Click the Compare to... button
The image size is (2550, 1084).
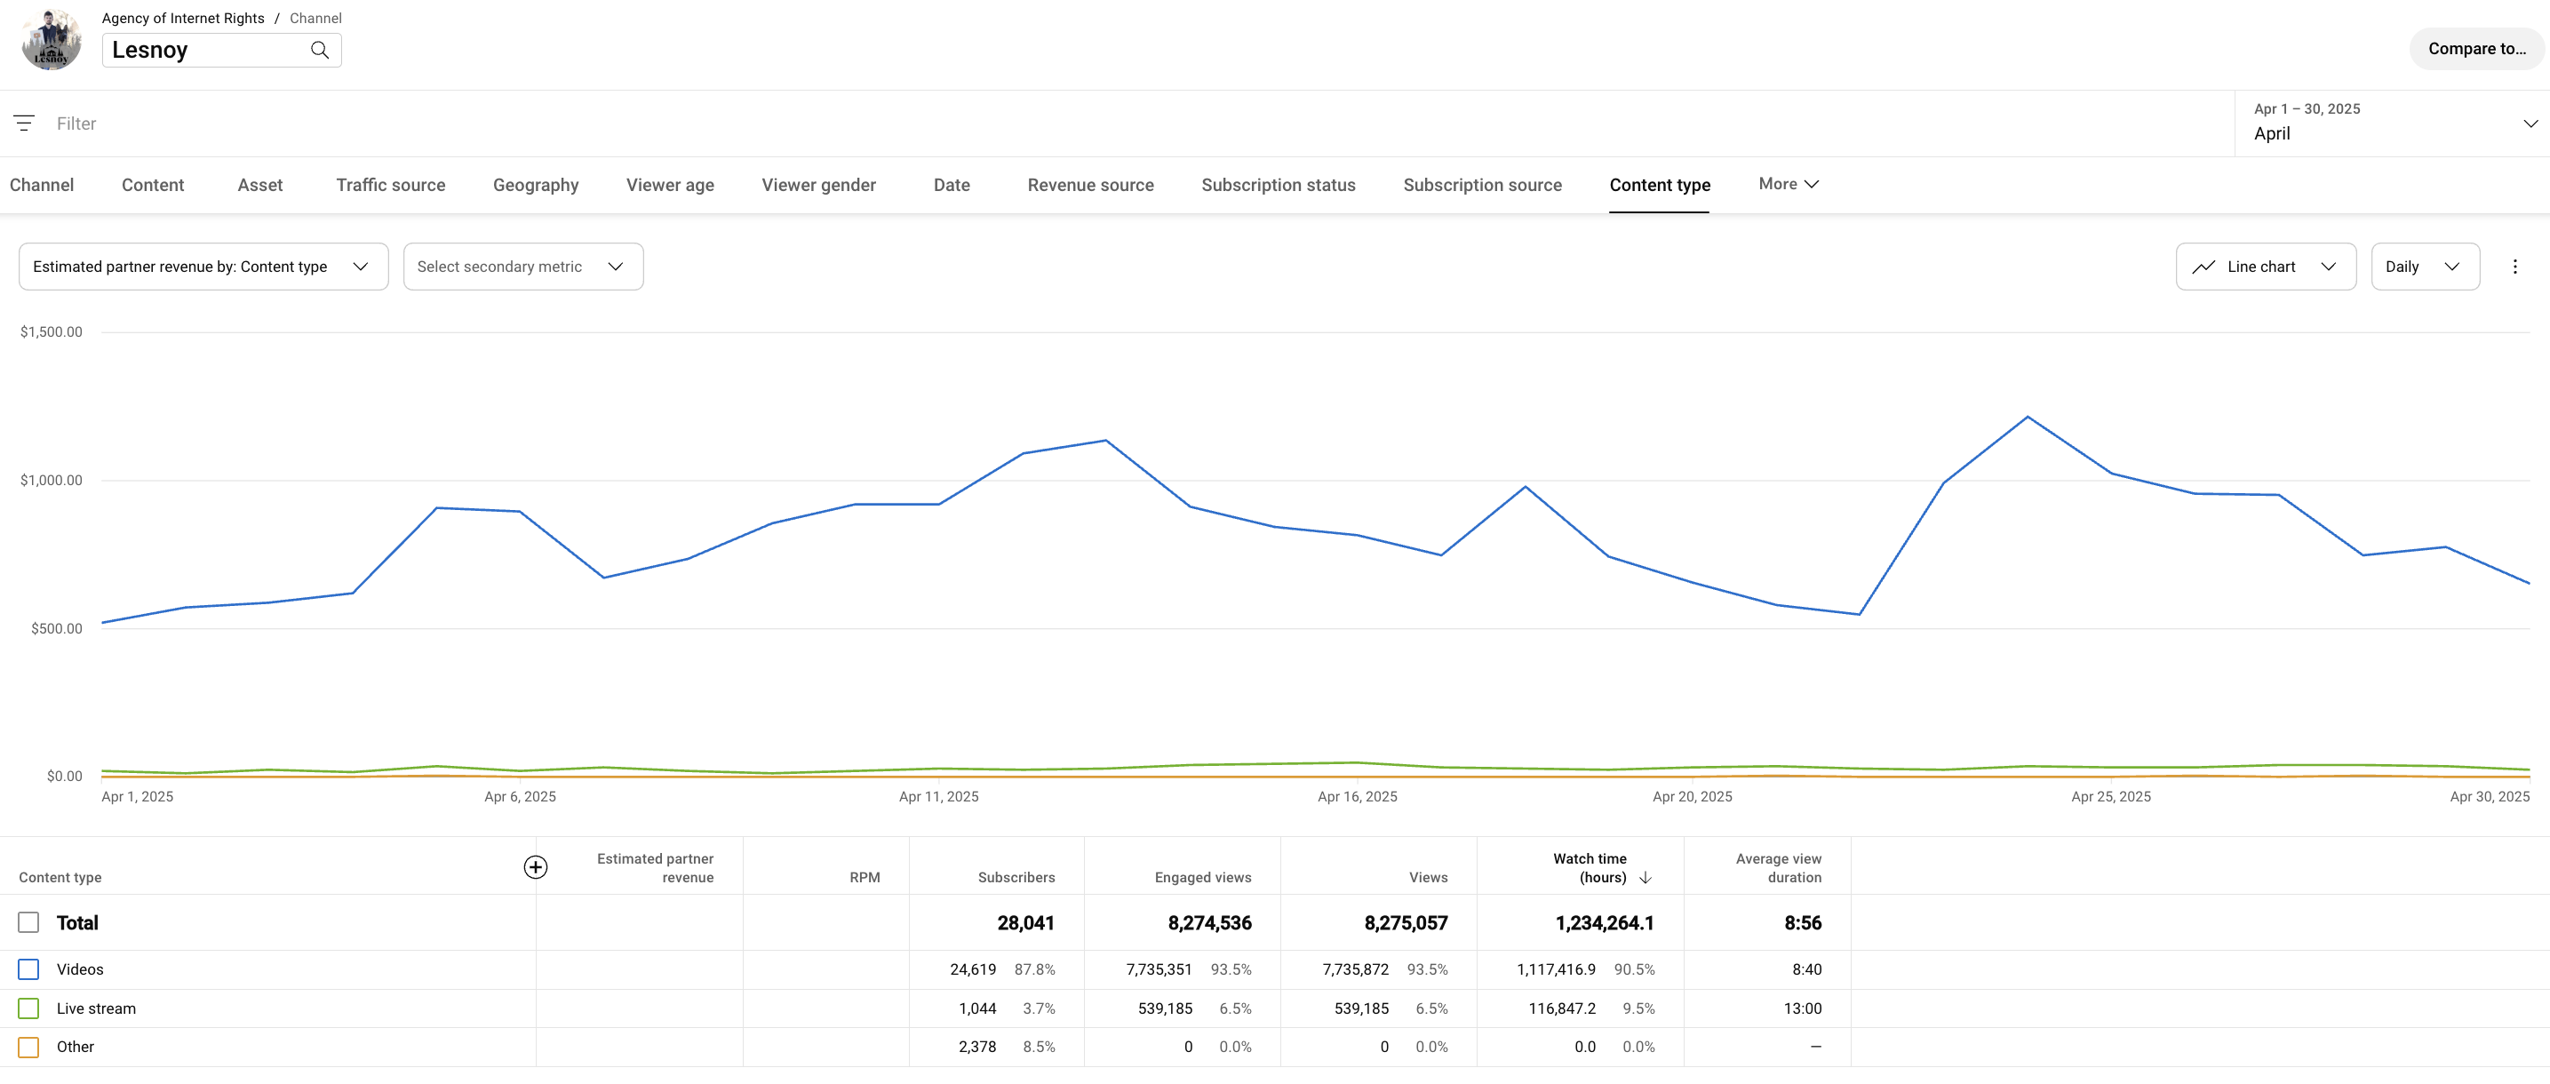2475,49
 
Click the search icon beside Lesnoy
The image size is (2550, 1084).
320,50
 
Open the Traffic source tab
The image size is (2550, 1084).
390,185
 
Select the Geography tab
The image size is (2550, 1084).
536,185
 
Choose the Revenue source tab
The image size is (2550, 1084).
1090,185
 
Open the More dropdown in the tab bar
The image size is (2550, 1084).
1788,184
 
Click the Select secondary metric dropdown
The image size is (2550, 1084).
522,267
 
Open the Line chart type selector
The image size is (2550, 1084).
2264,267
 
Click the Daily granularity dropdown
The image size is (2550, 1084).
2423,267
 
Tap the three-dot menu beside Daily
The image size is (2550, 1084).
2514,267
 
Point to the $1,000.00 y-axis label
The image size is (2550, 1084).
52,480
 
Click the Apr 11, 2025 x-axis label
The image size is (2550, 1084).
937,797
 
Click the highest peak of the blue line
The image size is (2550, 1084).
2028,417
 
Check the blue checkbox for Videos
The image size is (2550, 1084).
28,969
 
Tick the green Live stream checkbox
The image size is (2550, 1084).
28,1008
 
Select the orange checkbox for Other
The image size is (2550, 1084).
28,1048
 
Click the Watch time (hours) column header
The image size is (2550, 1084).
1589,868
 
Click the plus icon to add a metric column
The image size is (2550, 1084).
536,867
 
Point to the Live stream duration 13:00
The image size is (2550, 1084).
1802,1008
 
